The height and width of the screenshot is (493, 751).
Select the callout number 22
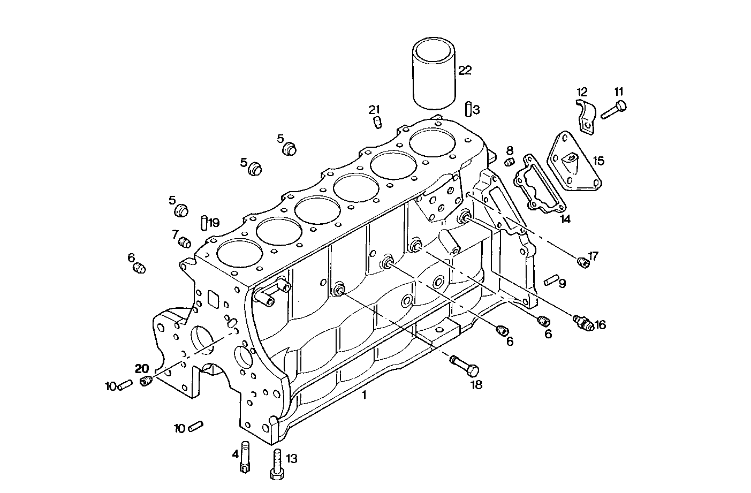pos(465,70)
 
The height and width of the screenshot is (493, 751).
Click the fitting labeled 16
pos(583,323)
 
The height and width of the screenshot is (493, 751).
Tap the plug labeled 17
pos(583,262)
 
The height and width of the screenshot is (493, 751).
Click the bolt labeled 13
pos(276,464)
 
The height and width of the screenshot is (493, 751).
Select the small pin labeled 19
pos(204,222)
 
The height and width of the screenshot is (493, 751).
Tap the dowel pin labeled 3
pos(468,108)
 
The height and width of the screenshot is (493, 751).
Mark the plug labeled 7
pos(185,242)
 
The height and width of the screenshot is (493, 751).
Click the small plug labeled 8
pos(510,162)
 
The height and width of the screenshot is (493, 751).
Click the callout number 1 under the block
pos(365,396)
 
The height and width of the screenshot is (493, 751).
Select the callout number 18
pos(476,384)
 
